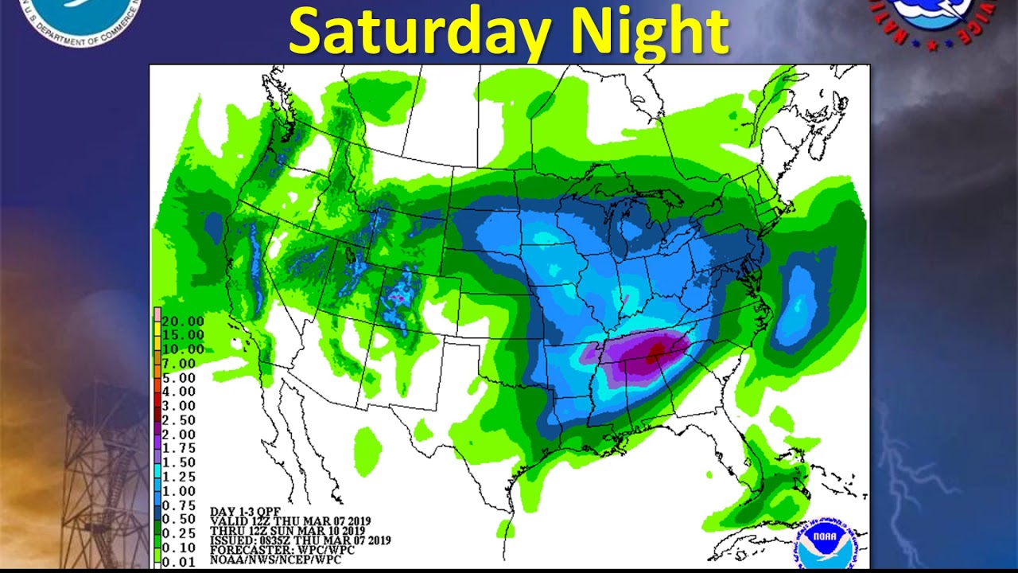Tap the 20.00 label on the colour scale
click(x=183, y=322)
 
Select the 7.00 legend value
click(x=179, y=364)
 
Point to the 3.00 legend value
click(x=179, y=406)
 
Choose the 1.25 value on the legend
click(x=179, y=477)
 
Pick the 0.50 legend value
click(x=179, y=520)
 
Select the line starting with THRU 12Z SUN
click(x=287, y=531)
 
